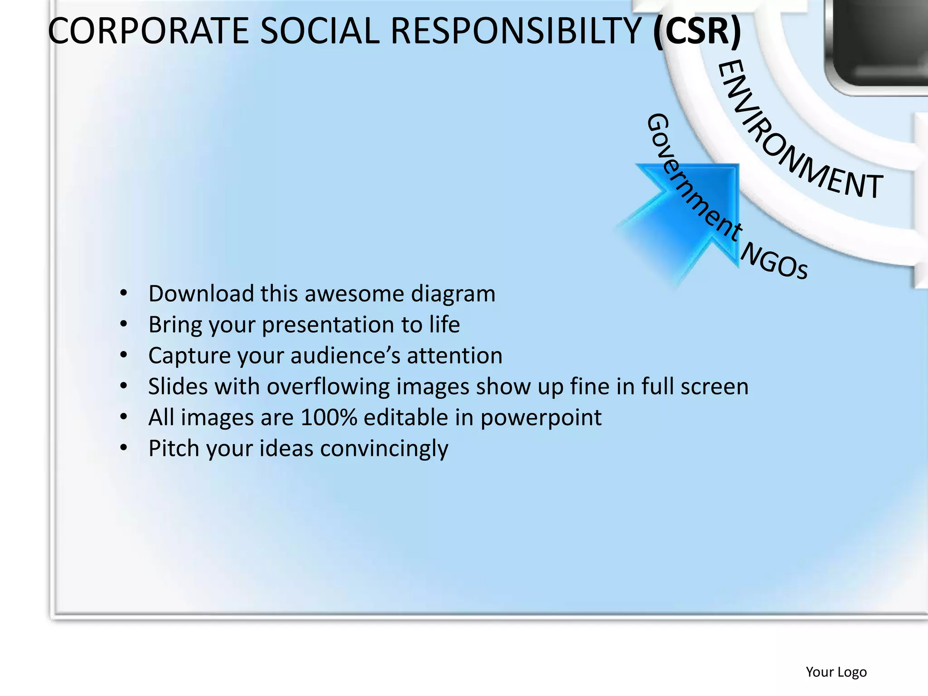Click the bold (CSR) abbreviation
tap(697, 31)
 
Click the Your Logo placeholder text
tap(836, 672)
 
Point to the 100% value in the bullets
tap(329, 417)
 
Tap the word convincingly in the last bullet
tap(384, 449)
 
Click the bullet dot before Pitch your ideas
tap(124, 448)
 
